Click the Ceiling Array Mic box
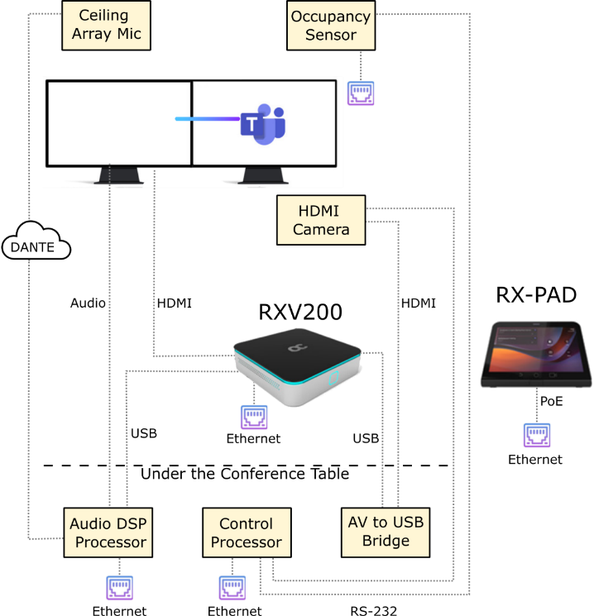(x=106, y=25)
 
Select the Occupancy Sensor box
(x=331, y=26)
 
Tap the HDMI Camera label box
(x=321, y=219)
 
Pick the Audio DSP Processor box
(x=108, y=533)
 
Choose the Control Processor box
(x=247, y=533)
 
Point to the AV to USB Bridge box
(x=386, y=532)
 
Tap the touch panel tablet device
(x=536, y=355)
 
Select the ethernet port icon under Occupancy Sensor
(x=361, y=93)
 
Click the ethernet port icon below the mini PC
(x=254, y=417)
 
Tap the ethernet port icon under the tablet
(x=537, y=435)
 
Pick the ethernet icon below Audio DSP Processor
(x=120, y=587)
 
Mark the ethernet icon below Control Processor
(x=232, y=587)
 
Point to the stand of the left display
(x=117, y=174)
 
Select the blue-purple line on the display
(x=207, y=119)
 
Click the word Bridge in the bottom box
(x=386, y=542)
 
